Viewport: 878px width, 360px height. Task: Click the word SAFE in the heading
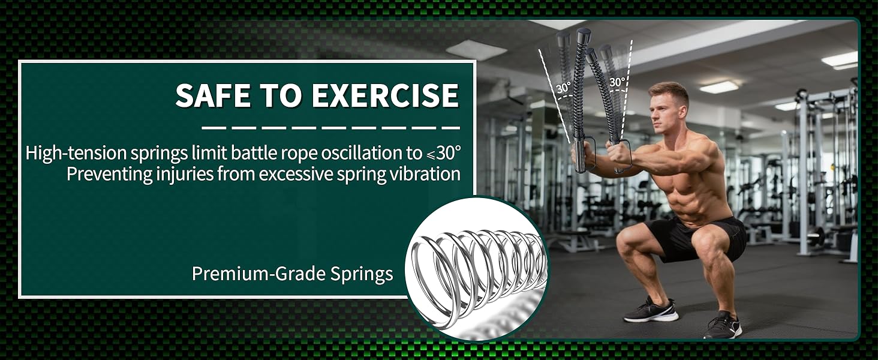tap(210, 95)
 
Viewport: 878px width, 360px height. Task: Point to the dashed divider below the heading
tap(330, 127)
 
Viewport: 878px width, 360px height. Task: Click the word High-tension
tap(76, 154)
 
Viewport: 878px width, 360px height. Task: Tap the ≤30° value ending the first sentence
tap(443, 154)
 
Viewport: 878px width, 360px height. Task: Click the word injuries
tap(192, 174)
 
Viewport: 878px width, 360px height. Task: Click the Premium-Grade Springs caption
tap(292, 274)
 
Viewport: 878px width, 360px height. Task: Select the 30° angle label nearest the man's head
tap(617, 82)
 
